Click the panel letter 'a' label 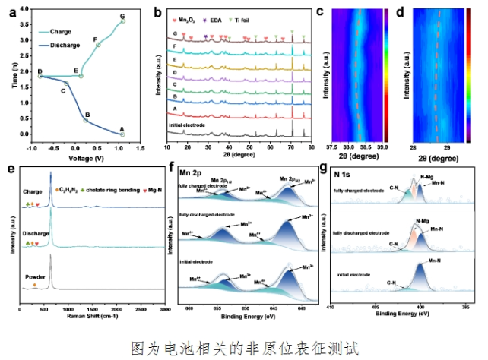click(13, 11)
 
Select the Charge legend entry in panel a click(55, 32)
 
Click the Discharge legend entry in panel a click(59, 45)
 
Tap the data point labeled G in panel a click(122, 21)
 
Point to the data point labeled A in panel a click(122, 134)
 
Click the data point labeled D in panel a click(40, 76)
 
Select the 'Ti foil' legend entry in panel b click(261, 14)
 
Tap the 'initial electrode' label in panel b click(189, 122)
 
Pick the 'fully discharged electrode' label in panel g click(359, 232)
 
